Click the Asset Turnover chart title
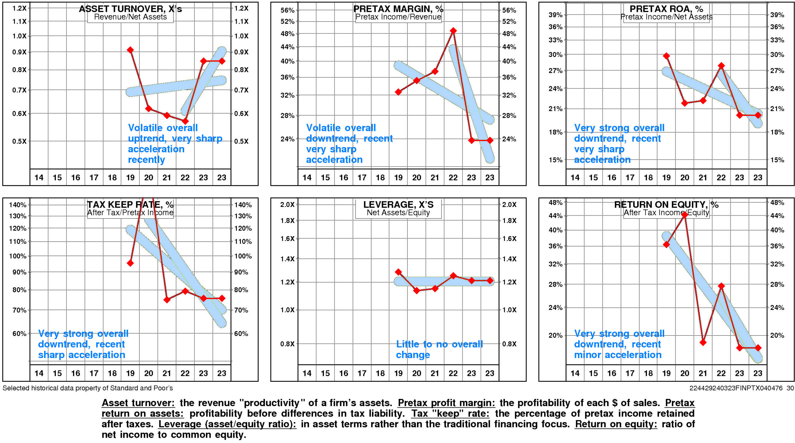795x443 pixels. coord(130,9)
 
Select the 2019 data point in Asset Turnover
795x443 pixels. coord(130,50)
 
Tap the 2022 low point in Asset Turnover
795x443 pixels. coord(185,121)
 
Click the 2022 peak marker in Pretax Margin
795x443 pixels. coord(453,31)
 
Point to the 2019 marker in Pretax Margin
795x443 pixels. coord(398,92)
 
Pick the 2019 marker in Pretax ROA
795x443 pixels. coord(666,56)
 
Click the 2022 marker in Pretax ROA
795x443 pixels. coord(721,66)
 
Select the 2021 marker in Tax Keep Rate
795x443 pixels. coord(167,300)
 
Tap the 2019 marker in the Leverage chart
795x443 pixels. coord(398,272)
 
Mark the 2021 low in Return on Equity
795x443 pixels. coord(703,342)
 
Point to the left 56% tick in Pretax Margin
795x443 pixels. coord(287,10)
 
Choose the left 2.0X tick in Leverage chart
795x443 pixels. coord(287,205)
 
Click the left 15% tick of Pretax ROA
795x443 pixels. coord(555,160)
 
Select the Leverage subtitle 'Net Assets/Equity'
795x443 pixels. coord(398,213)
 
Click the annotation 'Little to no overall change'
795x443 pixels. coord(439,349)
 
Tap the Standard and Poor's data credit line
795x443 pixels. coord(88,388)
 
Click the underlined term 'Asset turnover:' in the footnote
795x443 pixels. coord(138,403)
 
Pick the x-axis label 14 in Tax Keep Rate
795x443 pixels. coord(39,373)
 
